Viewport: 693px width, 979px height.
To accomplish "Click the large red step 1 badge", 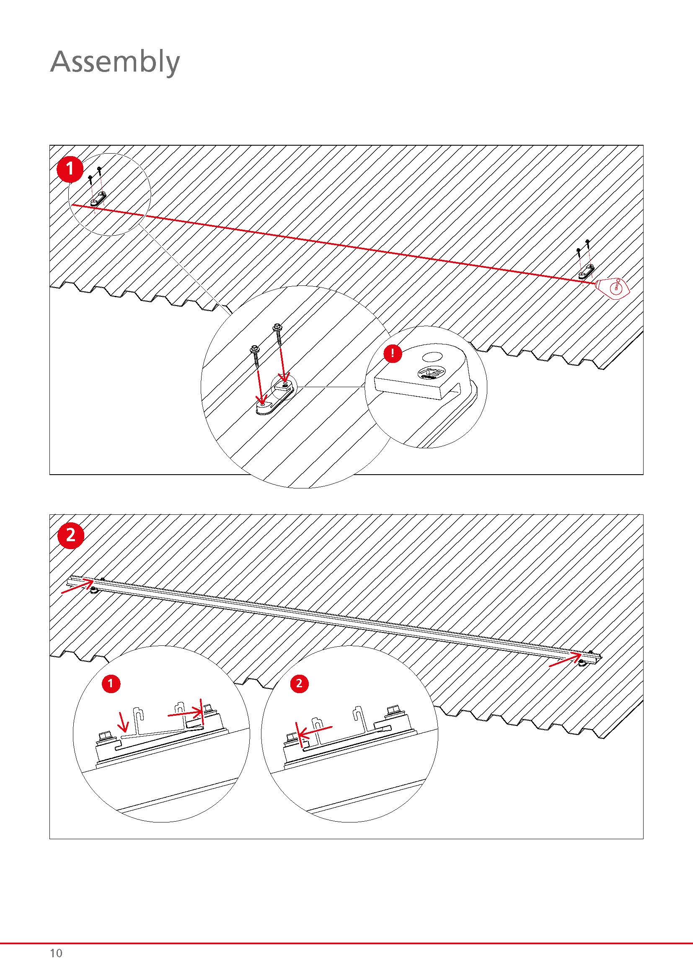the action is pos(70,169).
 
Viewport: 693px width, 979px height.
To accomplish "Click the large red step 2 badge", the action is pos(70,534).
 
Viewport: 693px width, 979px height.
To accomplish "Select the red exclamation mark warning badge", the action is pos(393,354).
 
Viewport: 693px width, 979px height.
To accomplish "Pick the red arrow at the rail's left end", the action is pos(77,585).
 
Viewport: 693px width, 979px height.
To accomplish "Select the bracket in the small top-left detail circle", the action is pos(99,198).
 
